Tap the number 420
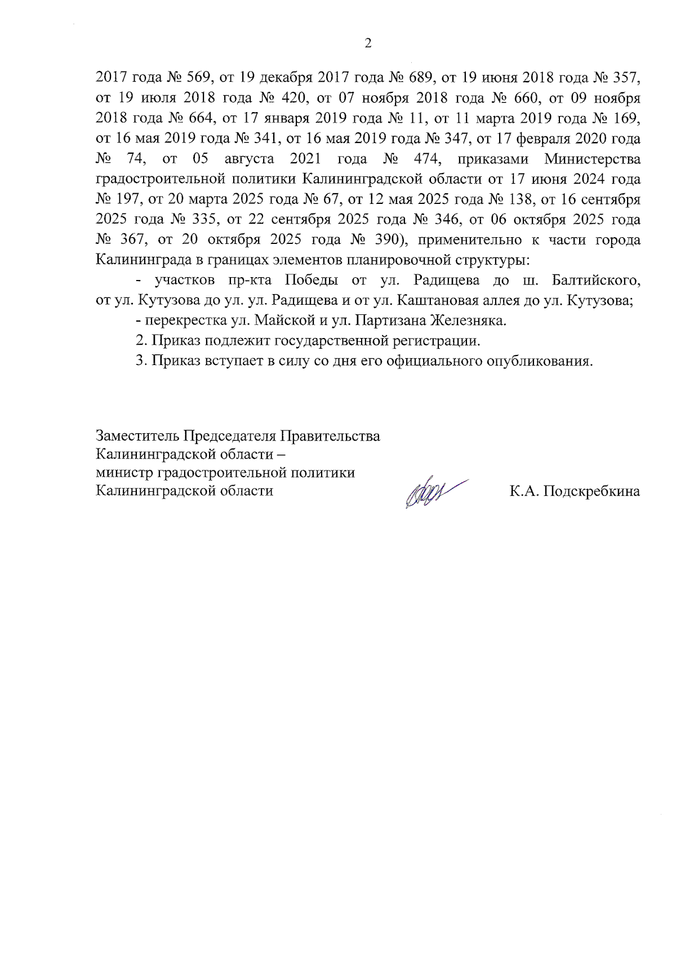pyautogui.click(x=292, y=99)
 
